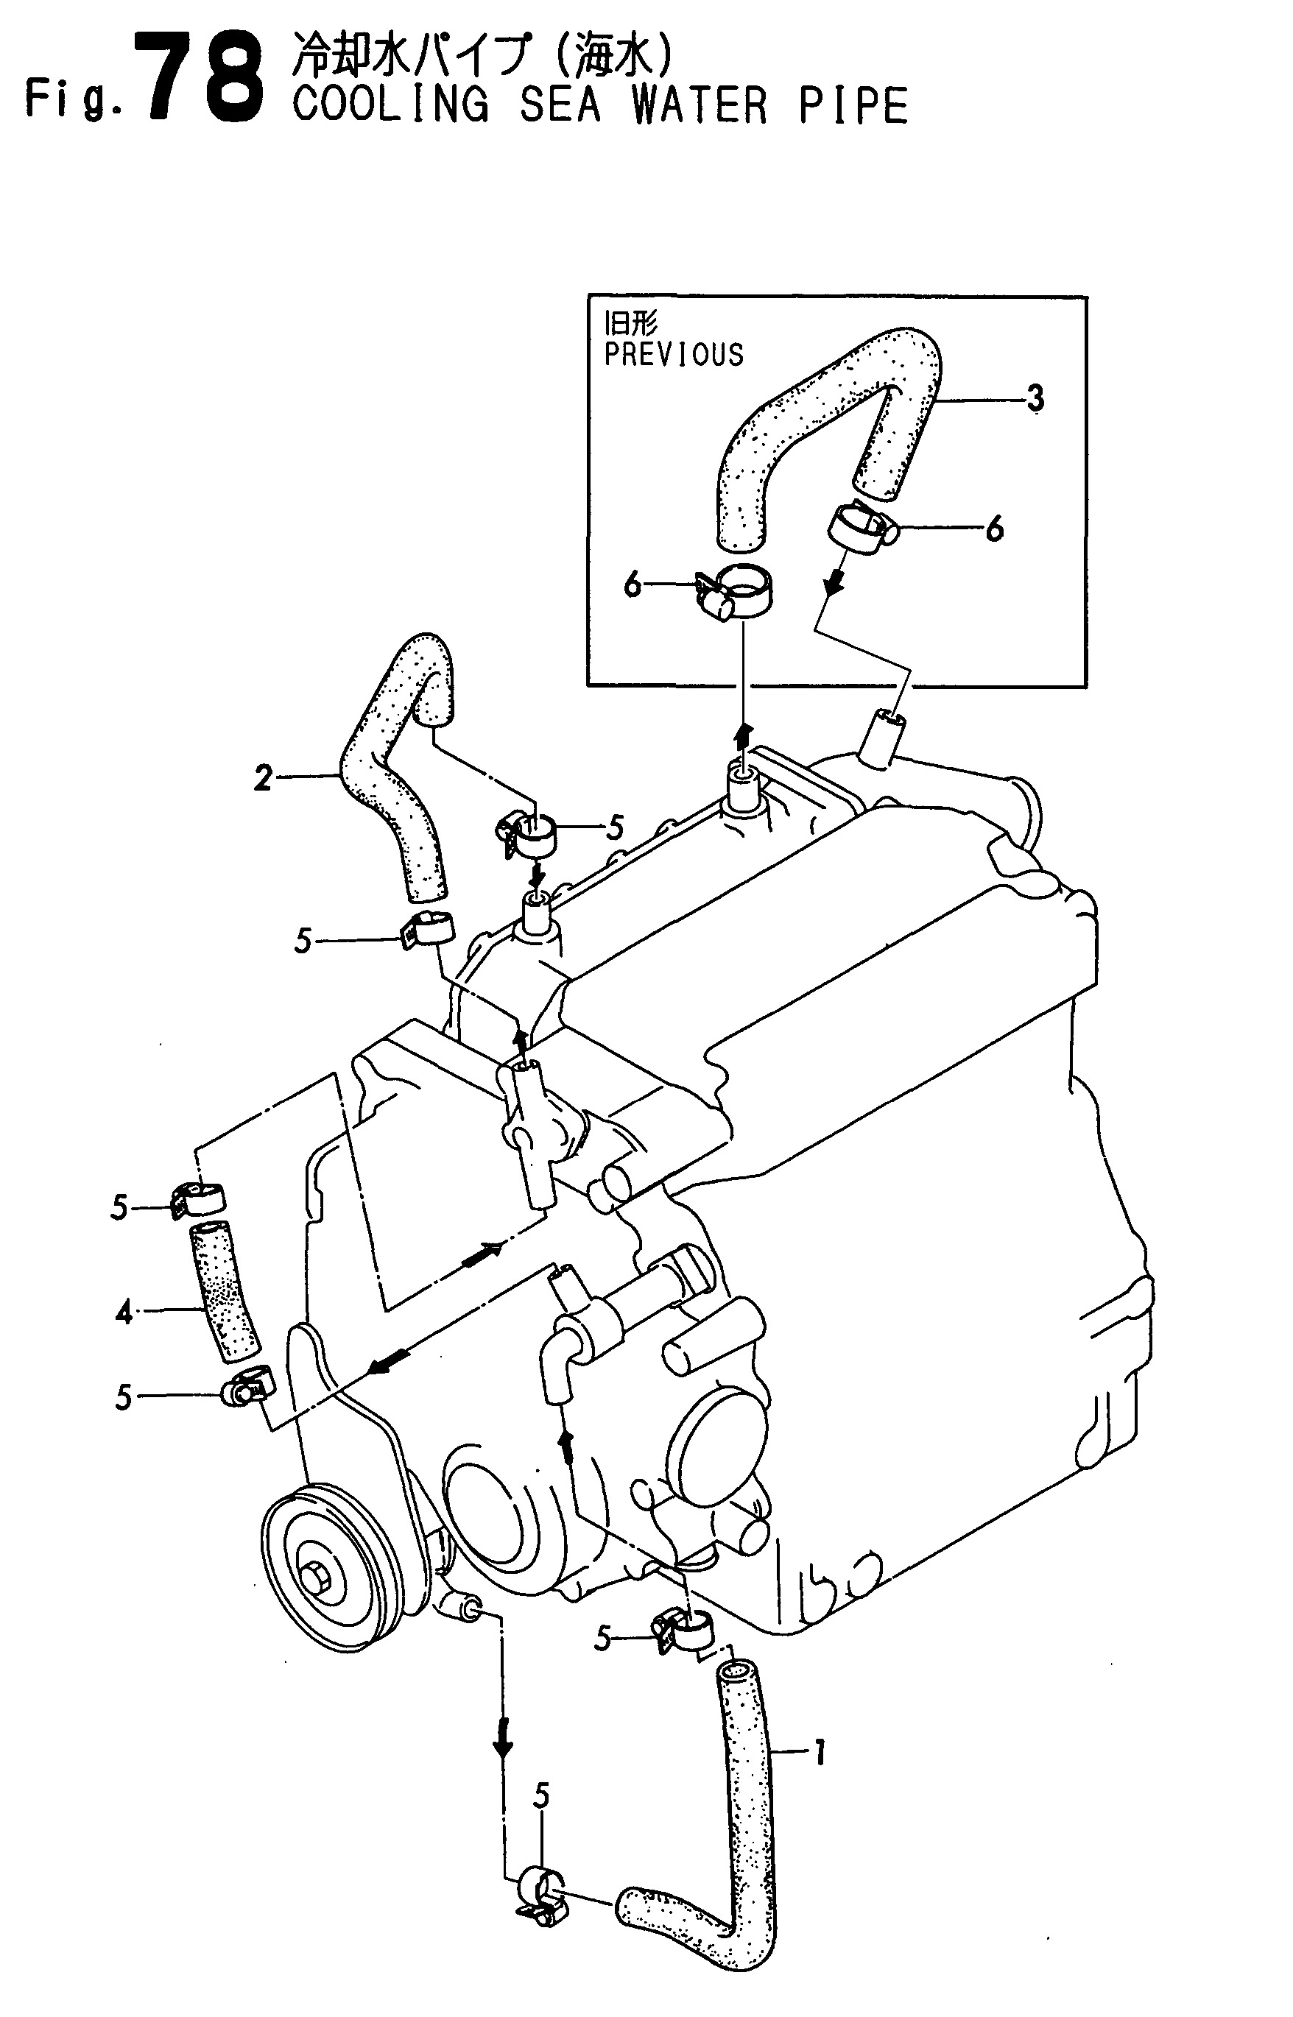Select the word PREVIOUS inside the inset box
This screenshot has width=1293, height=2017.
coord(674,355)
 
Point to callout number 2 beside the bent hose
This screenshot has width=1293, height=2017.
coord(264,780)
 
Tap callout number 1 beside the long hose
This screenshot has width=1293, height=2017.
coord(820,1753)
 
